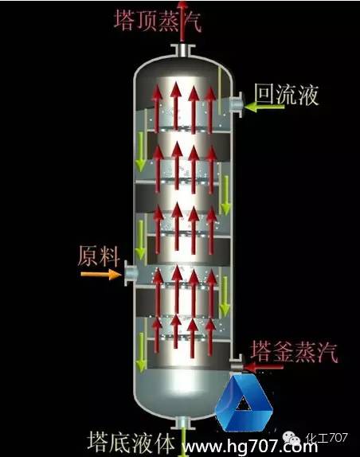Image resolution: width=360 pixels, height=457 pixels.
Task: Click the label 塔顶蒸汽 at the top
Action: coord(158,21)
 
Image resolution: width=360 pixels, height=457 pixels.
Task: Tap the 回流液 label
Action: coord(287,95)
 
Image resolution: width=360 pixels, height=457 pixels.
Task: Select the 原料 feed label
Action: coord(99,256)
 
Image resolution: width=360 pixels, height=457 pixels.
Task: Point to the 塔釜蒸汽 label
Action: coord(294,351)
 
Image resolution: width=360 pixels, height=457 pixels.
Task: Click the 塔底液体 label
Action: coord(131,442)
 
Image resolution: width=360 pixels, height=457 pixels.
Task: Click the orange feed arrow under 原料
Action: coord(101,274)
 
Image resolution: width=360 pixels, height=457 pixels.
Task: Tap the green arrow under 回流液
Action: coord(264,107)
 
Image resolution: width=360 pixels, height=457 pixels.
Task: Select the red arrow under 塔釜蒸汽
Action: coord(264,367)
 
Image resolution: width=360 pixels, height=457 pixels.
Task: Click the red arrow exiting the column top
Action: coord(182,21)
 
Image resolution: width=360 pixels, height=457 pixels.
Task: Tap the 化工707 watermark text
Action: coord(327,437)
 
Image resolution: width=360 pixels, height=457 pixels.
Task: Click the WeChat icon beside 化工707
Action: coord(292,439)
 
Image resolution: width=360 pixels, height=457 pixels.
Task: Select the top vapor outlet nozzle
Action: coord(182,50)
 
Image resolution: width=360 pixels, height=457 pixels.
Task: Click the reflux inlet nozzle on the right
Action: coord(236,104)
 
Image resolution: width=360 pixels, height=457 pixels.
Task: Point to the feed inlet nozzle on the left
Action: coord(131,273)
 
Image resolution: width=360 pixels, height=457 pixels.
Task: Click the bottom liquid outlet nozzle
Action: coord(183,423)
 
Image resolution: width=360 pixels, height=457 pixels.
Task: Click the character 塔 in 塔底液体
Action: coord(98,442)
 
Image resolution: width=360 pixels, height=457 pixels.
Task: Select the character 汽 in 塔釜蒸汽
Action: coord(327,352)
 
